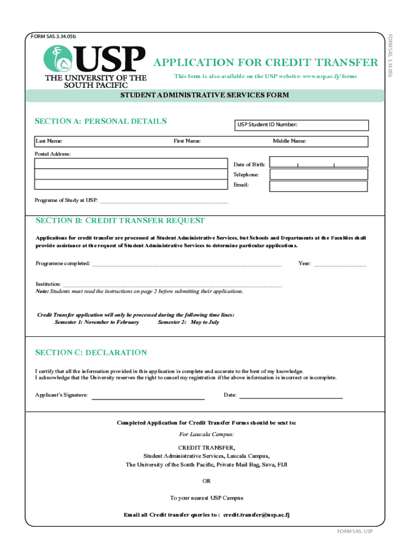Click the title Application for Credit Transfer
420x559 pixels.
[x=266, y=62]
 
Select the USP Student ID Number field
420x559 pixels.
[x=301, y=125]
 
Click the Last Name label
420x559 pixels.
[x=49, y=141]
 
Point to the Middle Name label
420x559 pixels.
[x=289, y=141]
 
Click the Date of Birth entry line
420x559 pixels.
[x=319, y=164]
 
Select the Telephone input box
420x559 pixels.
[x=319, y=175]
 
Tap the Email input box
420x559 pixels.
[x=319, y=186]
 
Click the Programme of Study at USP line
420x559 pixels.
[x=164, y=201]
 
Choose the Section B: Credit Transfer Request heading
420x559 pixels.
[x=120, y=221]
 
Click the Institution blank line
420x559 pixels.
[x=172, y=285]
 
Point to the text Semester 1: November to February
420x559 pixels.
[x=97, y=322]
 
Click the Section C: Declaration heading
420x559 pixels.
[x=91, y=353]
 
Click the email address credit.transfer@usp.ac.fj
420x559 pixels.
[x=256, y=515]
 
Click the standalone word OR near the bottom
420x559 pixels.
[x=206, y=481]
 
